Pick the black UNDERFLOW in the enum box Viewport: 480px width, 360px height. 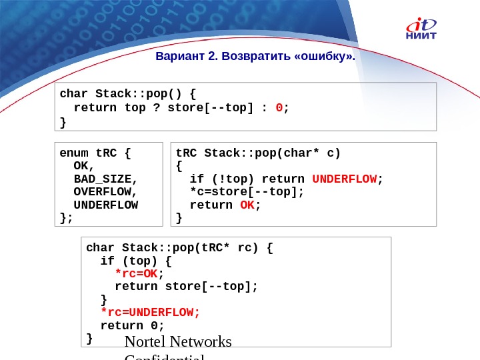[x=106, y=204]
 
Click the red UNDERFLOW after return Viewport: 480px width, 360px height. [x=344, y=179]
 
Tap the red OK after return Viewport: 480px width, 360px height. [x=247, y=205]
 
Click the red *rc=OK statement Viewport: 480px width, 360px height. [x=139, y=274]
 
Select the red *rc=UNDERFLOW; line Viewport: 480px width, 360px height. [x=150, y=312]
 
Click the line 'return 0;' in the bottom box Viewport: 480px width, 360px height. [x=132, y=325]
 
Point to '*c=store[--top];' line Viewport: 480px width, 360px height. [x=247, y=191]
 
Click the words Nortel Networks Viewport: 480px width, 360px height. [x=178, y=342]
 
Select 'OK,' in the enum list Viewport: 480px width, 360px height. [x=84, y=166]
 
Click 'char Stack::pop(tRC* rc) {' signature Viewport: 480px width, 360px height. [x=179, y=249]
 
